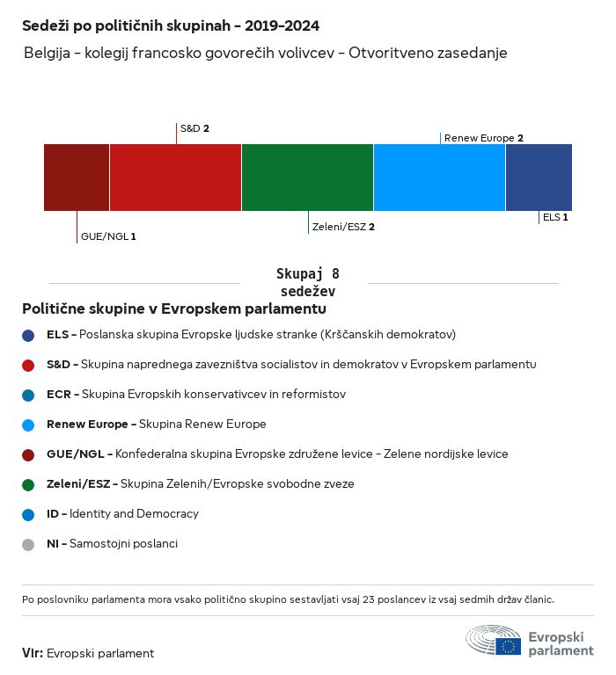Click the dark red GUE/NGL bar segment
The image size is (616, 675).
pos(77,178)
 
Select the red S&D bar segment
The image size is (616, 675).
pos(175,178)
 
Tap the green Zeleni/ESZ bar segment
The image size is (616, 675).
pos(307,178)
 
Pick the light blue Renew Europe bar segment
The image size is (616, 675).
pos(439,178)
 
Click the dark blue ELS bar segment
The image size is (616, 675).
pos(539,178)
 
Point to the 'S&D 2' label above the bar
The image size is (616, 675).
pos(194,128)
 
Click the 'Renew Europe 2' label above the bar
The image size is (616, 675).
pos(484,138)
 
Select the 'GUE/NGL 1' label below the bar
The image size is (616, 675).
pos(108,236)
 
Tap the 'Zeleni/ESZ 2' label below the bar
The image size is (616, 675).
pos(343,227)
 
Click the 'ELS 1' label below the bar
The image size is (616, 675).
pos(555,217)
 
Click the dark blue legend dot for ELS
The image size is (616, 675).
pos(28,336)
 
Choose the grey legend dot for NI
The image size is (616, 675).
pos(28,545)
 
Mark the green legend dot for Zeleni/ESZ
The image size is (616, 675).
pos(28,485)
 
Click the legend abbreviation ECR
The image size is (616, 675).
pos(59,395)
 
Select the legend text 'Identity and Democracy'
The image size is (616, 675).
pos(134,513)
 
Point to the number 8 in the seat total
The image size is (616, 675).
pos(335,274)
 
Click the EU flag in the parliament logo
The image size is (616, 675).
pos(508,646)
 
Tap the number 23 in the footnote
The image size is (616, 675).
pos(369,599)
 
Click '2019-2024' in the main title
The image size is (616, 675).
pos(282,25)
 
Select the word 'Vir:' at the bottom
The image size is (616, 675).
pos(33,653)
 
